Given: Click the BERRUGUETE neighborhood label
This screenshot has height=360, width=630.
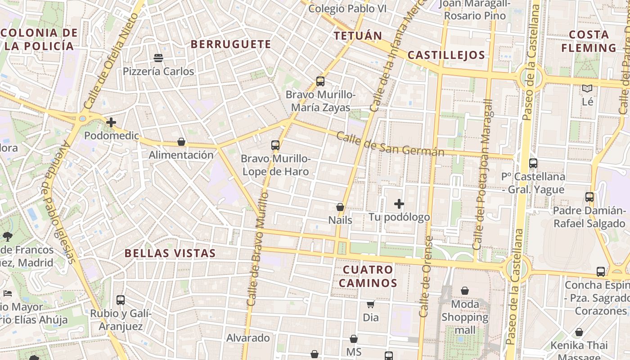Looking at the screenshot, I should point(231,44).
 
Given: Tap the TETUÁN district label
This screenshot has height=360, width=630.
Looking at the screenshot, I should point(358,36).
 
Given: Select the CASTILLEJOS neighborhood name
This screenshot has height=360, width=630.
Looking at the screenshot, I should point(446,55).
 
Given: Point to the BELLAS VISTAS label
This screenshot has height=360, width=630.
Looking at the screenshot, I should point(170,253).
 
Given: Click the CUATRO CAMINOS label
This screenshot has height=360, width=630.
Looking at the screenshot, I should point(368,276).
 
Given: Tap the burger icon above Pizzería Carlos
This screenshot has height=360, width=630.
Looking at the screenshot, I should point(158,58).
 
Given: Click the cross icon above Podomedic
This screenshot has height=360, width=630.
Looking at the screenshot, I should point(111,122).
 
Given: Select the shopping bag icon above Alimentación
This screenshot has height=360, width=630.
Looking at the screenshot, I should point(181,142).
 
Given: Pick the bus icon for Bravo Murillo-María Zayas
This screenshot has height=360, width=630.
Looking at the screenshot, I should point(320,81).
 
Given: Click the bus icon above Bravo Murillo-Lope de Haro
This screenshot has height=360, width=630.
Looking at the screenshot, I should point(275,145).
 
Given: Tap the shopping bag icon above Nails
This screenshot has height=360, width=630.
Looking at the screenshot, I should point(340,207).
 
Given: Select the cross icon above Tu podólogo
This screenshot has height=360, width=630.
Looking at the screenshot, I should point(399,204).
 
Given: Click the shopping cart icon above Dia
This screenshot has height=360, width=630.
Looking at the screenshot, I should point(370,305).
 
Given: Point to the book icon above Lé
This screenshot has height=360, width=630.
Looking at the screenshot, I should point(587,89).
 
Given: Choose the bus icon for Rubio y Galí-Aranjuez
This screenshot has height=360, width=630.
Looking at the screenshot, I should point(121,300).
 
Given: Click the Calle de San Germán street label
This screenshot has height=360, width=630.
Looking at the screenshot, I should point(390,144).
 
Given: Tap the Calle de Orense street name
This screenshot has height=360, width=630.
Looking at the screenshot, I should point(425,277).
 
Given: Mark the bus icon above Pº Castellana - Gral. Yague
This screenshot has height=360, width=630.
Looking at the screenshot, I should point(533,163).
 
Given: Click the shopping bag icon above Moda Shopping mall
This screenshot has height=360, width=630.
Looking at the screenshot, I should point(465,291).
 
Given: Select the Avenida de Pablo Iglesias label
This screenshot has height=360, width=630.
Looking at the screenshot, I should point(58,202).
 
